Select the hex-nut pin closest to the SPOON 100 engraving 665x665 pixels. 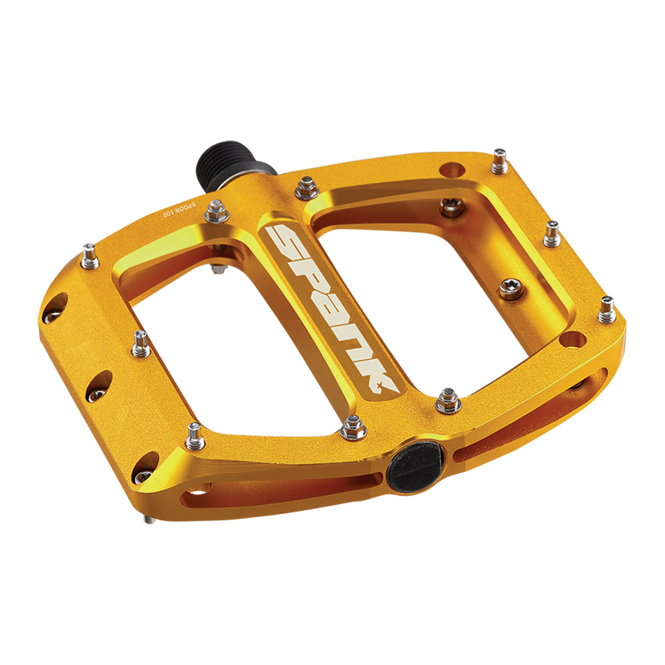pos(216,211)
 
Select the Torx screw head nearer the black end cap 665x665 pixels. pos(510,290)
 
